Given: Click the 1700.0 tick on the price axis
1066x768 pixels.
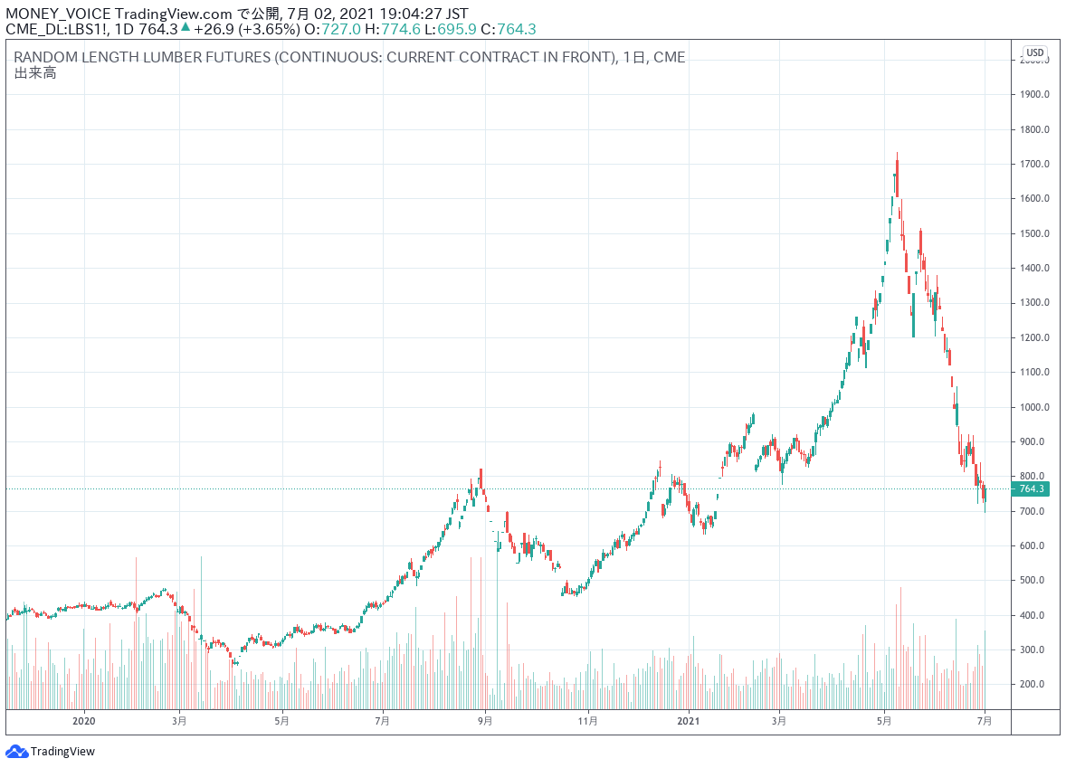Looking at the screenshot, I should (x=1035, y=164).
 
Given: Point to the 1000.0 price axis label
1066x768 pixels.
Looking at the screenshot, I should (x=1035, y=407).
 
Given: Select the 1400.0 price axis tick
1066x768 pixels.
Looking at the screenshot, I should (x=1035, y=268).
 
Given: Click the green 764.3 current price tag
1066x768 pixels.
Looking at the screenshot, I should (x=1031, y=489).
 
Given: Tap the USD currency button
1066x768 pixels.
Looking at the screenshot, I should (x=1034, y=52).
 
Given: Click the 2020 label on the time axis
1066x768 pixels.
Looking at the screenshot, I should (x=83, y=721).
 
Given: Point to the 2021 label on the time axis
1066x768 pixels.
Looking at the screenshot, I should (x=689, y=721).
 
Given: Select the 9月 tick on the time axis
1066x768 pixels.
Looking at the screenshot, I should (x=485, y=721).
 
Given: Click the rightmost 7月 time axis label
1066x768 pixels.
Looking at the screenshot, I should (x=985, y=721).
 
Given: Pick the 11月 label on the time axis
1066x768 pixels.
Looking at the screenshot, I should (x=588, y=721).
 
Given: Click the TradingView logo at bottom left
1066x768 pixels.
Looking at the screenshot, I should (x=51, y=751).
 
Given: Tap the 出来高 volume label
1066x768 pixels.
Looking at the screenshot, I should (x=35, y=73).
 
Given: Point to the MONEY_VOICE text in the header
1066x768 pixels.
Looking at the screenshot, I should (x=58, y=14).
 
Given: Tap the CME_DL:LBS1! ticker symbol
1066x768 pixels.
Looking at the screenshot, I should (x=57, y=29).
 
